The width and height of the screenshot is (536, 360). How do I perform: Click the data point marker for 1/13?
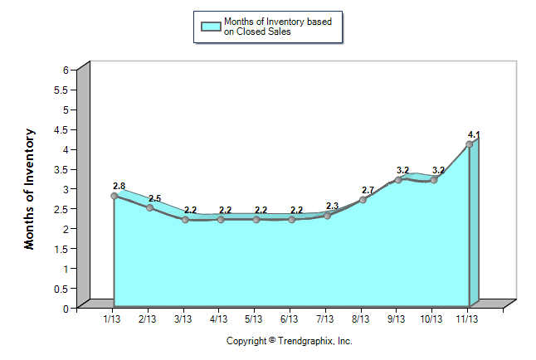[114, 196]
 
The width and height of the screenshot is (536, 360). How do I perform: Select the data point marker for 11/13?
[470, 144]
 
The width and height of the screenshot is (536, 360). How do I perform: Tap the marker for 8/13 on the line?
[363, 200]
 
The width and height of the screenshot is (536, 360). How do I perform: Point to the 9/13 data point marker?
[398, 180]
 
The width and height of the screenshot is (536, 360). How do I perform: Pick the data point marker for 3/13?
[185, 220]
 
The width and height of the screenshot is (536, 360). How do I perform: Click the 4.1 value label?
[474, 134]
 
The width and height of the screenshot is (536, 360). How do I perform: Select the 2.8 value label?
[119, 186]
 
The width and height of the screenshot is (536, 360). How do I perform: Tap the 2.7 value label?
[368, 190]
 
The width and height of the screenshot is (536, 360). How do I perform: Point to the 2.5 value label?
[154, 198]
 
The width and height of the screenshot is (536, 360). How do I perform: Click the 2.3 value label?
[332, 206]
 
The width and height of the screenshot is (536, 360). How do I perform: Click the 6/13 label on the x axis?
[290, 319]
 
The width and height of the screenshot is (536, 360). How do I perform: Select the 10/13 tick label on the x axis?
[431, 319]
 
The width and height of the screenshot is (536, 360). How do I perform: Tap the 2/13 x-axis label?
[148, 319]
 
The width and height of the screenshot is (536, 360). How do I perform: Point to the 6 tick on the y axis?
[65, 70]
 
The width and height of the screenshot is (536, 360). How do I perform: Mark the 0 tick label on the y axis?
[65, 309]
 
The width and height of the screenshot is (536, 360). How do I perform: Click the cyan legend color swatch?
[211, 27]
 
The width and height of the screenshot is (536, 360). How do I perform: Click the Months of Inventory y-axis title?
[31, 188]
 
